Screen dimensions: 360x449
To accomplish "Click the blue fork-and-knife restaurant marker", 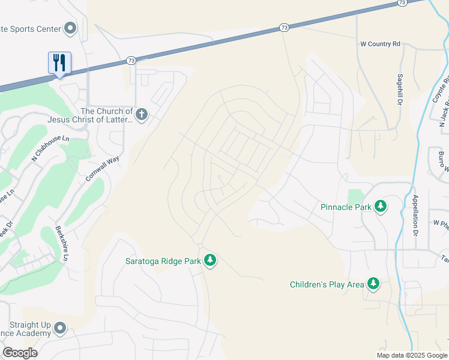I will pyautogui.click(x=59, y=62).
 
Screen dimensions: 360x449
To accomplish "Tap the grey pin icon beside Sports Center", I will pyautogui.click(x=71, y=28).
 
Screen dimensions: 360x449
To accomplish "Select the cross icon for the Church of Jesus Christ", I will pyautogui.click(x=142, y=115).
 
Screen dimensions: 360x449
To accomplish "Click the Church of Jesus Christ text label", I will pyautogui.click(x=106, y=115).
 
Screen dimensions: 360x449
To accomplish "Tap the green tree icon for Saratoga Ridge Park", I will pyautogui.click(x=209, y=260).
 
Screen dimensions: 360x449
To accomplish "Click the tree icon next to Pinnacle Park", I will pyautogui.click(x=380, y=206).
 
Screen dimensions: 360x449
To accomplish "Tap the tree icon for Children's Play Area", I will pyautogui.click(x=373, y=284).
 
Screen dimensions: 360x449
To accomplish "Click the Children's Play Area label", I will pyautogui.click(x=327, y=284).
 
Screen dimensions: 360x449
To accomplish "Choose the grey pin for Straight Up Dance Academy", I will pyautogui.click(x=59, y=328).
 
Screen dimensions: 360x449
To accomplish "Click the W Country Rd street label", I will pyautogui.click(x=380, y=44).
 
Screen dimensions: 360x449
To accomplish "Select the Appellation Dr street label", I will pyautogui.click(x=415, y=215).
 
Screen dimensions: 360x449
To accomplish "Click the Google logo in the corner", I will pyautogui.click(x=20, y=352).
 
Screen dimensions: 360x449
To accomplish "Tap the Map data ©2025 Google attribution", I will pyautogui.click(x=411, y=355).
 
